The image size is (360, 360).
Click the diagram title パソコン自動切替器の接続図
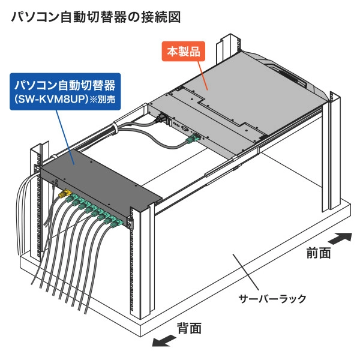click(95, 17)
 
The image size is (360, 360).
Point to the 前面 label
click(318, 253)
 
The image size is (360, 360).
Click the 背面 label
click(189, 328)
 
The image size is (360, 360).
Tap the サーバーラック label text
click(272, 298)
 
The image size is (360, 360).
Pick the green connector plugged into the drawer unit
click(191, 139)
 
